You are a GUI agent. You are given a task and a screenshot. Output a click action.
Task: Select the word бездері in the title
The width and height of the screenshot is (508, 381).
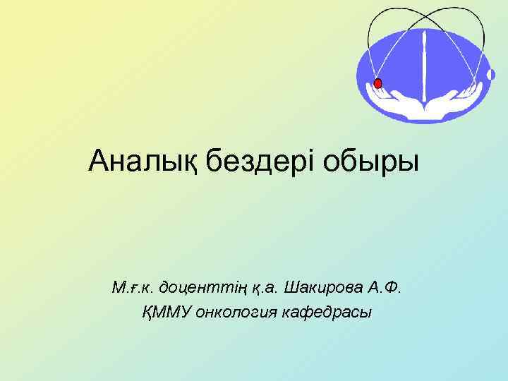pyautogui.click(x=260, y=162)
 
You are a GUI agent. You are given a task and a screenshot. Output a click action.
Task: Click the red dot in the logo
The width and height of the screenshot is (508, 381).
pyautogui.click(x=377, y=84)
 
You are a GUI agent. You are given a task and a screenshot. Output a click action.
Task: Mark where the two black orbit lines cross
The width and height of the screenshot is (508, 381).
pyautogui.click(x=424, y=17)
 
